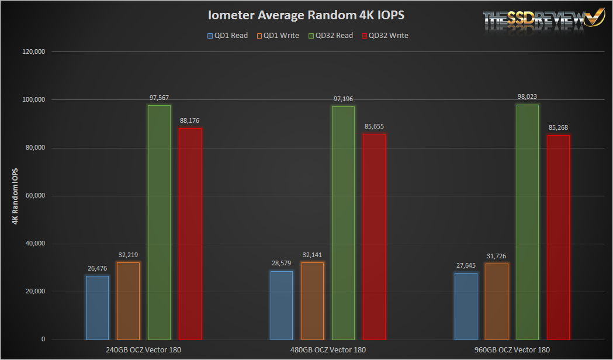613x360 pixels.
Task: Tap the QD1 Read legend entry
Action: [227, 36]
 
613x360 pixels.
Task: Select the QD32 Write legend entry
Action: [385, 36]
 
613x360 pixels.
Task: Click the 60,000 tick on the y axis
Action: [34, 196]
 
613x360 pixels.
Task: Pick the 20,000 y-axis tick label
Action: [34, 292]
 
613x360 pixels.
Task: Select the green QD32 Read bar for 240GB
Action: [159, 222]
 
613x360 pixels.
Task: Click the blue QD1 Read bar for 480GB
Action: [282, 305]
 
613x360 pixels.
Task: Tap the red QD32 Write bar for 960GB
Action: [558, 237]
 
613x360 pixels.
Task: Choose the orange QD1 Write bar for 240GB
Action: [128, 301]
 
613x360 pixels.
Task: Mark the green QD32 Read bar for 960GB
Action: [527, 221]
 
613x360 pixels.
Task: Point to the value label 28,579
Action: [282, 264]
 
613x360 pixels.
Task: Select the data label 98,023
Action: [527, 97]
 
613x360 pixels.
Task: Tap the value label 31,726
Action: [497, 256]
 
